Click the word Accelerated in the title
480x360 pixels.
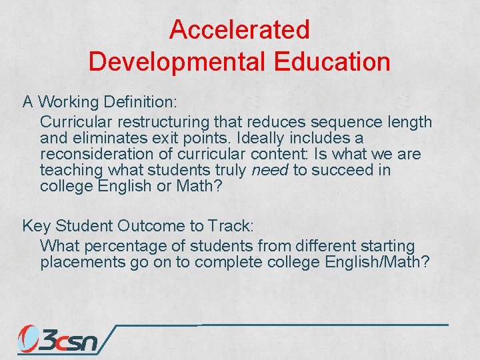tap(239, 30)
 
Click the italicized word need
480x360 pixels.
tap(270, 171)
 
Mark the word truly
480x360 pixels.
tap(228, 171)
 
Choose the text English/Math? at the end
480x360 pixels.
tap(377, 262)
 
